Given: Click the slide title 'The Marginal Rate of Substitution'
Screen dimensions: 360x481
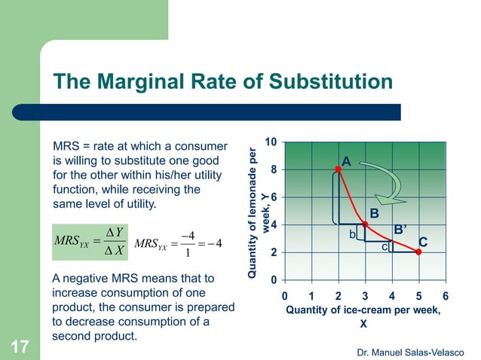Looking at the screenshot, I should (x=222, y=81).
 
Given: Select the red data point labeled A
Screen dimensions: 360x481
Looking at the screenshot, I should (x=338, y=169).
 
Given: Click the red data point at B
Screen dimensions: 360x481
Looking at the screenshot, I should (x=365, y=224).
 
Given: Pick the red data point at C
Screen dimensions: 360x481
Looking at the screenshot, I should (x=418, y=252).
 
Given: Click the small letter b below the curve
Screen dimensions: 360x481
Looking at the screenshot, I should (x=351, y=235).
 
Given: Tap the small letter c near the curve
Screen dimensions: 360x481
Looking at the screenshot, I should (x=384, y=246).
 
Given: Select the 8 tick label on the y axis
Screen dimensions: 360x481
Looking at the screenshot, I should (x=274, y=169).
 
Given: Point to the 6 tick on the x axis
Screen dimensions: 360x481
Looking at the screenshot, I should (x=446, y=295).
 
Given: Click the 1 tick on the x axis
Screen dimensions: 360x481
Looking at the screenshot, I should (x=311, y=295).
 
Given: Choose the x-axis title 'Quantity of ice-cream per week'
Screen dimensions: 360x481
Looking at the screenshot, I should (x=363, y=310).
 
